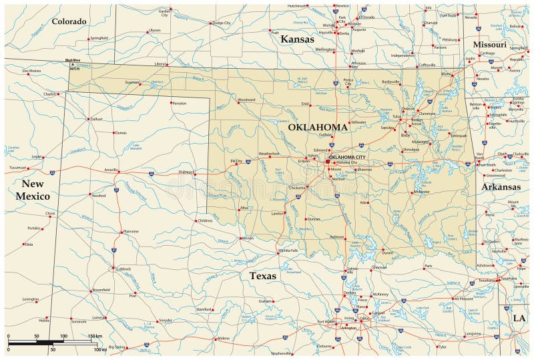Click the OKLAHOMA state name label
(318, 127)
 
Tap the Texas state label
(264, 275)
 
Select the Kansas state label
(297, 39)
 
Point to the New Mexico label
(32, 190)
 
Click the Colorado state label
(69, 21)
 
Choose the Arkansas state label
(501, 187)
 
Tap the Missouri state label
(490, 44)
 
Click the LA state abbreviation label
(519, 318)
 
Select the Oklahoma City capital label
(347, 157)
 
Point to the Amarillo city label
(110, 170)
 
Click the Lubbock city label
(123, 268)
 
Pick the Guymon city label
(131, 82)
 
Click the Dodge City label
(221, 23)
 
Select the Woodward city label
(246, 100)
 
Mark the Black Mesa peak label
(73, 61)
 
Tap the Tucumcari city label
(17, 168)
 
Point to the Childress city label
(205, 220)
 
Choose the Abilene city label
(223, 339)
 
